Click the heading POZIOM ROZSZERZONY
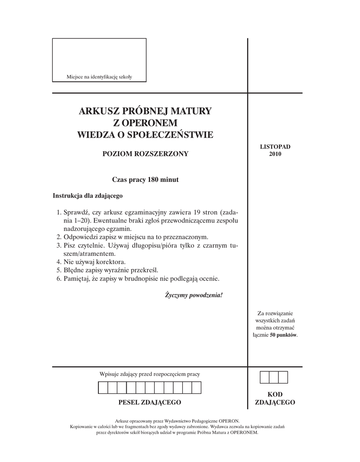pyautogui.click(x=145, y=154)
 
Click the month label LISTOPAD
pyautogui.click(x=275, y=147)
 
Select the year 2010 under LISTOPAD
pyautogui.click(x=275, y=154)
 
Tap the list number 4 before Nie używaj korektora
pyautogui.click(x=59, y=262)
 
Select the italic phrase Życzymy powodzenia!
pyautogui.click(x=194, y=296)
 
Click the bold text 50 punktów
pyautogui.click(x=283, y=335)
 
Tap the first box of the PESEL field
pyautogui.click(x=103, y=388)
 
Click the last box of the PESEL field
pyautogui.click(x=197, y=388)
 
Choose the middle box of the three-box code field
pyautogui.click(x=274, y=377)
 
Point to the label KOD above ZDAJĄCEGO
pyautogui.click(x=275, y=395)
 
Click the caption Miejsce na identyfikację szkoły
pyautogui.click(x=99, y=77)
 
